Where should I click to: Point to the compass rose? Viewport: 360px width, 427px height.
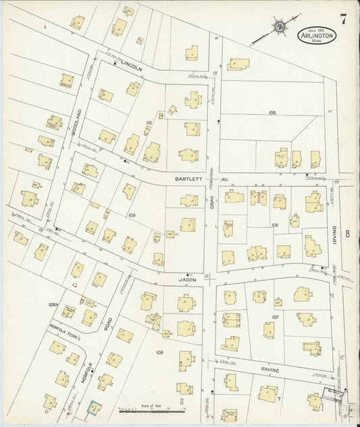(x=278, y=27)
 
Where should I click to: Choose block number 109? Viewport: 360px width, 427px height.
(x=132, y=216)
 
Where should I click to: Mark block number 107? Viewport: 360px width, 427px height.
(x=276, y=316)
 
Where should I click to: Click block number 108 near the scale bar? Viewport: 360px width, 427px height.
(x=159, y=353)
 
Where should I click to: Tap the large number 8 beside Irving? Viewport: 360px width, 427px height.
(x=348, y=234)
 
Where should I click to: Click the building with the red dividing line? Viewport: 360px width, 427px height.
(x=259, y=197)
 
